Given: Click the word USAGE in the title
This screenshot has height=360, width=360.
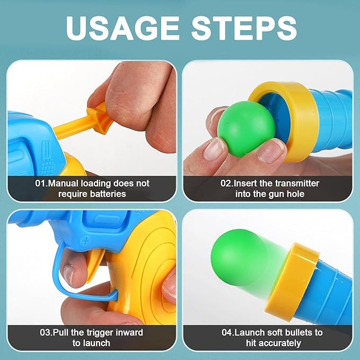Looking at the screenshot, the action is pyautogui.click(x=122, y=29).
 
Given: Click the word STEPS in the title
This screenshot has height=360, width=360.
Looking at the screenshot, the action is pyautogui.click(x=244, y=29).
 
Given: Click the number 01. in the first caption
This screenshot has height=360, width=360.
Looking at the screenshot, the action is pyautogui.click(x=42, y=183).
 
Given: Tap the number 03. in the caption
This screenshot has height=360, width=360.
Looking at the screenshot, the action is pyautogui.click(x=46, y=332).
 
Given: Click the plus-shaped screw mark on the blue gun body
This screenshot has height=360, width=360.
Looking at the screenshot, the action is pyautogui.click(x=86, y=242).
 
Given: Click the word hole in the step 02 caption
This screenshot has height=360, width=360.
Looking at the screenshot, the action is pyautogui.click(x=296, y=194).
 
